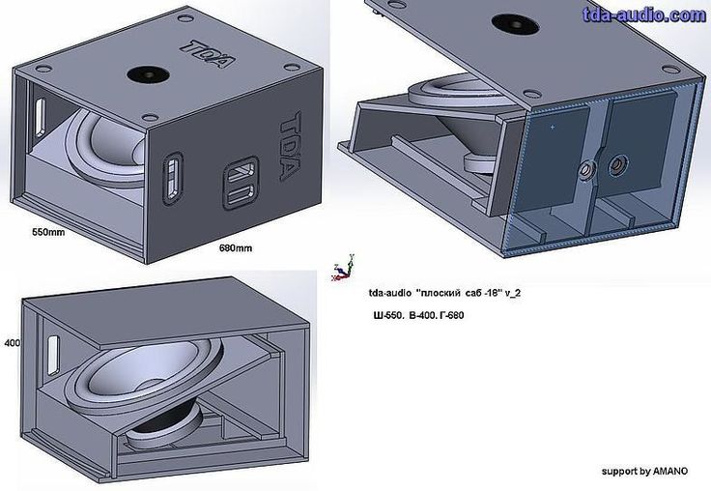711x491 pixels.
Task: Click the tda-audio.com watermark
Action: click(x=644, y=14)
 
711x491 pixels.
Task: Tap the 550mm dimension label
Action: click(x=48, y=232)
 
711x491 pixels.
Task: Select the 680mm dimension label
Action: click(x=236, y=248)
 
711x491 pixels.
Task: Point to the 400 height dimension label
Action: click(x=13, y=342)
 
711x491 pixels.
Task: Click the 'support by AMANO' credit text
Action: click(x=644, y=472)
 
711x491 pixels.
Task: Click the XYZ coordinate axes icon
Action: click(x=343, y=269)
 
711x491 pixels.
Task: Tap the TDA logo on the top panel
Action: click(x=208, y=53)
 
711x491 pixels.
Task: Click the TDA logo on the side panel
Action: click(x=289, y=146)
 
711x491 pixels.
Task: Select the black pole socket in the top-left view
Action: click(x=148, y=74)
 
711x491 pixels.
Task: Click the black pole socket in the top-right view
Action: click(x=515, y=24)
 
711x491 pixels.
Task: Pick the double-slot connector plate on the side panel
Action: click(x=241, y=183)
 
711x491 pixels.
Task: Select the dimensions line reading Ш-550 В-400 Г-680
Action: click(x=418, y=315)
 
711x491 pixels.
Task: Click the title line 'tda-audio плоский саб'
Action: click(x=444, y=293)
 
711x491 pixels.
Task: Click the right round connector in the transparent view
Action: click(x=617, y=165)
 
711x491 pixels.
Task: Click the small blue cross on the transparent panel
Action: click(x=552, y=127)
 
